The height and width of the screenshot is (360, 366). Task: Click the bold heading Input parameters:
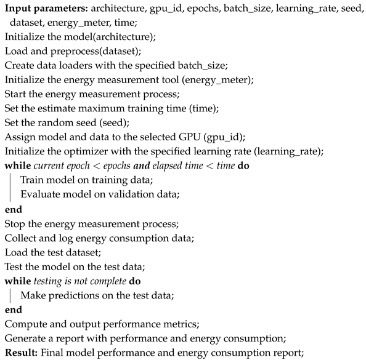tap(44, 8)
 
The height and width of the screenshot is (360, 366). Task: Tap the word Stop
tap(15, 223)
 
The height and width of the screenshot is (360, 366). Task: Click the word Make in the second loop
tap(31, 294)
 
